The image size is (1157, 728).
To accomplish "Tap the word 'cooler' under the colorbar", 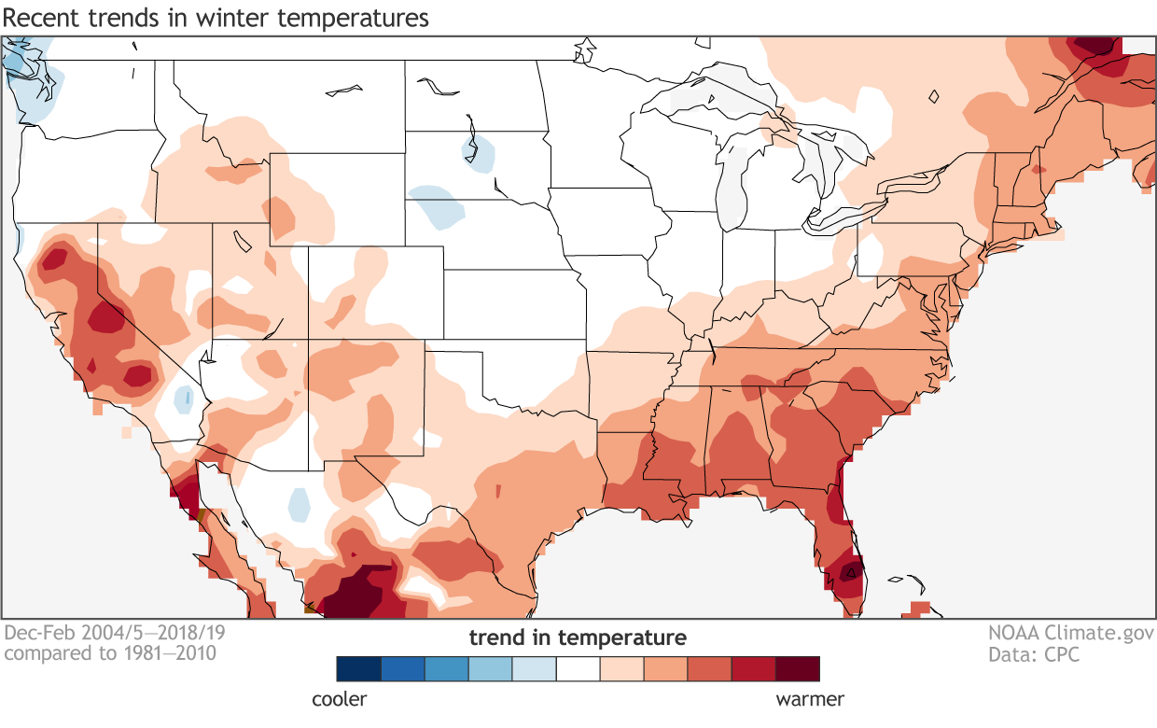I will click(339, 698).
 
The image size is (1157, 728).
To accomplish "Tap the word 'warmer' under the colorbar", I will click(810, 698).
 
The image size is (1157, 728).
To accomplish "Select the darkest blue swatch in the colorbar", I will click(359, 668).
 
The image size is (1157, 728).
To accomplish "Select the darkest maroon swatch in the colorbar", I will click(798, 668).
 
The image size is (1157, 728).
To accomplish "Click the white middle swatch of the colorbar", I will click(578, 668).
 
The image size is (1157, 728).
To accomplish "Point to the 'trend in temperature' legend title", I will click(578, 638).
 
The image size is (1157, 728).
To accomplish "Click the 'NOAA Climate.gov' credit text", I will click(1069, 633).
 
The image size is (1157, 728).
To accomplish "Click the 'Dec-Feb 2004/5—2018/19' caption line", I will click(115, 633).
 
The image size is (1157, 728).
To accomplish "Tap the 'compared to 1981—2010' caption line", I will click(110, 653).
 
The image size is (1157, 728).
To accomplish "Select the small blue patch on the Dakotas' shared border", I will click(478, 152).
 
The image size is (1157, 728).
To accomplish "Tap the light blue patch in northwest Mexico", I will click(299, 504).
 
